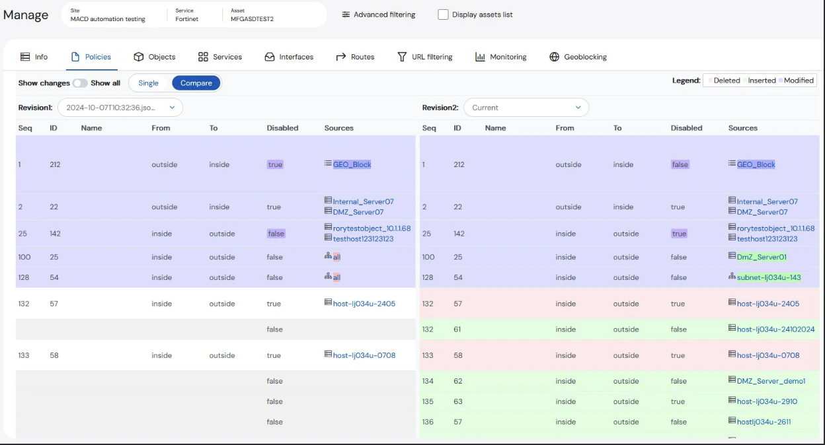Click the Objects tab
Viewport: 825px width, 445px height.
[155, 57]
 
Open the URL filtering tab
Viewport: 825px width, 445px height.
[424, 57]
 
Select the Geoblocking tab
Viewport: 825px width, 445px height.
[578, 57]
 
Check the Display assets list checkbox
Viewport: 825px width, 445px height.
[443, 15]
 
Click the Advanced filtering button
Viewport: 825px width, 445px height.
[379, 15]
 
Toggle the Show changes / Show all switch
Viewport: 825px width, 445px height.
[80, 83]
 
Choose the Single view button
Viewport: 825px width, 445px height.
[149, 83]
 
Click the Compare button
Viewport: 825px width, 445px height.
[196, 83]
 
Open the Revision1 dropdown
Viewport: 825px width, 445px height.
[120, 108]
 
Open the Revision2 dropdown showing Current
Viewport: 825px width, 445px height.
[526, 108]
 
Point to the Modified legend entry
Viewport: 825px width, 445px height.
[797, 81]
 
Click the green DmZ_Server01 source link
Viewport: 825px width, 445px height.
[762, 257]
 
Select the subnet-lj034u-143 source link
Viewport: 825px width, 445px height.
[769, 278]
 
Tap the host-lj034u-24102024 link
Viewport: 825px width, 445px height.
[775, 329]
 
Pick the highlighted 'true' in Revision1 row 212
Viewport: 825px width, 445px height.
[275, 165]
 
